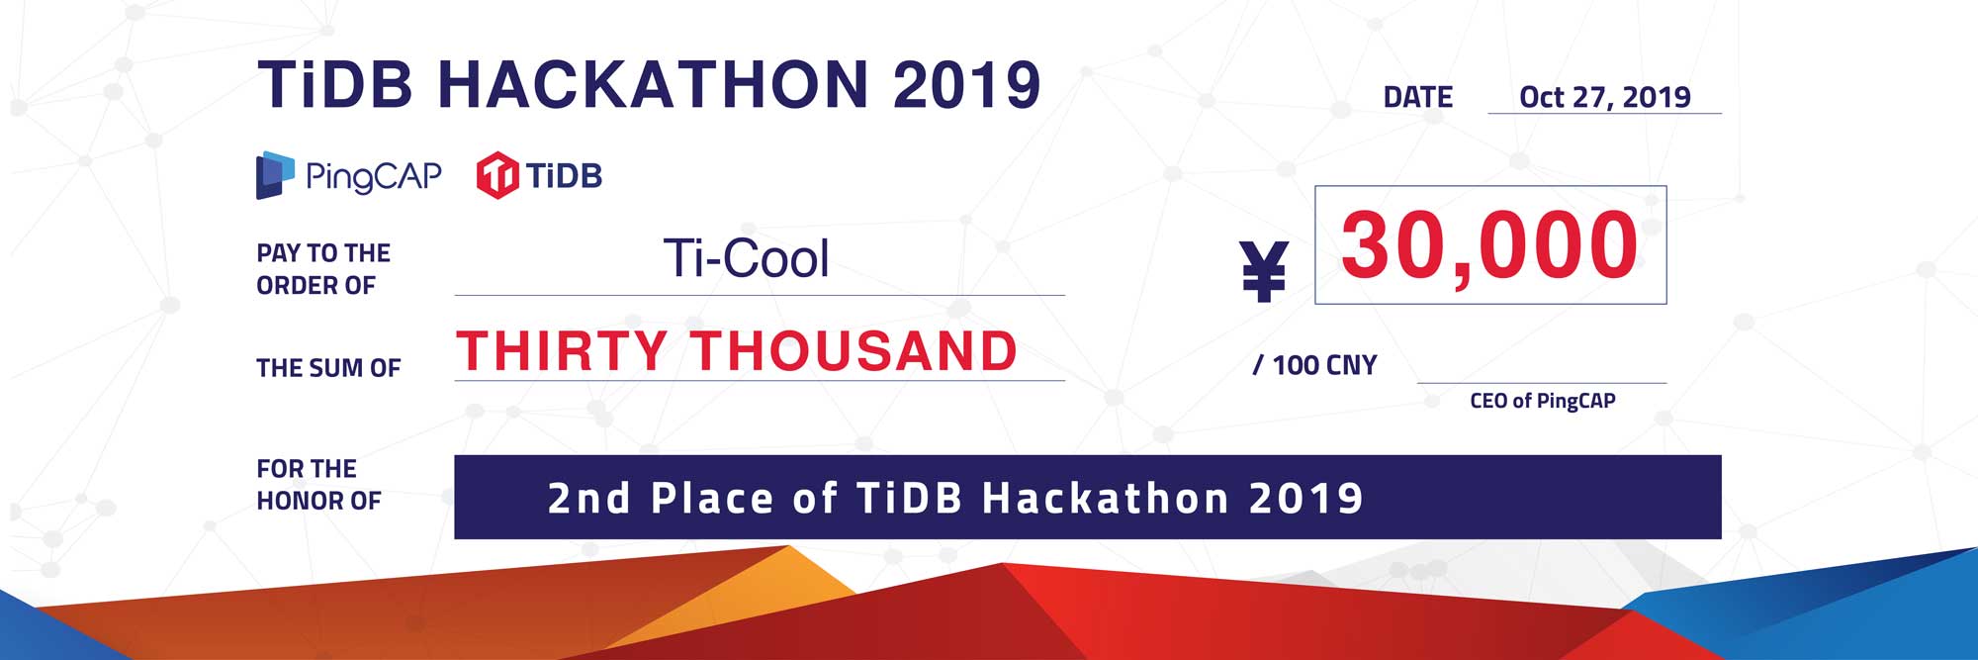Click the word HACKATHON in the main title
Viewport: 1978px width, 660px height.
(x=654, y=84)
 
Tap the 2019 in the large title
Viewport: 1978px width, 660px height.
(x=967, y=84)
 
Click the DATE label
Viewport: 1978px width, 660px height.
(x=1418, y=97)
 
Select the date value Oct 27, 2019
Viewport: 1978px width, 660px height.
(x=1604, y=97)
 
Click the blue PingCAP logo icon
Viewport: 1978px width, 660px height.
(x=275, y=175)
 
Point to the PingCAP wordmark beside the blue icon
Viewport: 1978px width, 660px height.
(x=373, y=176)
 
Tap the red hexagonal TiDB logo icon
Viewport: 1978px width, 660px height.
(x=497, y=175)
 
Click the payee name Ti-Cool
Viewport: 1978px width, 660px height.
(x=746, y=258)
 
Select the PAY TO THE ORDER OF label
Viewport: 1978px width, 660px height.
(x=323, y=269)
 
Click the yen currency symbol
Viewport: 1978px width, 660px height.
(x=1264, y=271)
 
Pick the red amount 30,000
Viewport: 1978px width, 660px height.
(x=1489, y=245)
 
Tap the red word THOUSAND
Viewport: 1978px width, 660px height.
(x=854, y=350)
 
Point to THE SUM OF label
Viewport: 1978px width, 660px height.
(x=328, y=368)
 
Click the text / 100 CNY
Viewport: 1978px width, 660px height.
(x=1314, y=365)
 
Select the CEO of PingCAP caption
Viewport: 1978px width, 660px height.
(x=1543, y=401)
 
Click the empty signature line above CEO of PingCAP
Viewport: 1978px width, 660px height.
(x=1542, y=383)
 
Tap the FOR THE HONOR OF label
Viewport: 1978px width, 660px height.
(x=318, y=485)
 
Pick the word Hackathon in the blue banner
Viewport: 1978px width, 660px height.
(x=1104, y=498)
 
